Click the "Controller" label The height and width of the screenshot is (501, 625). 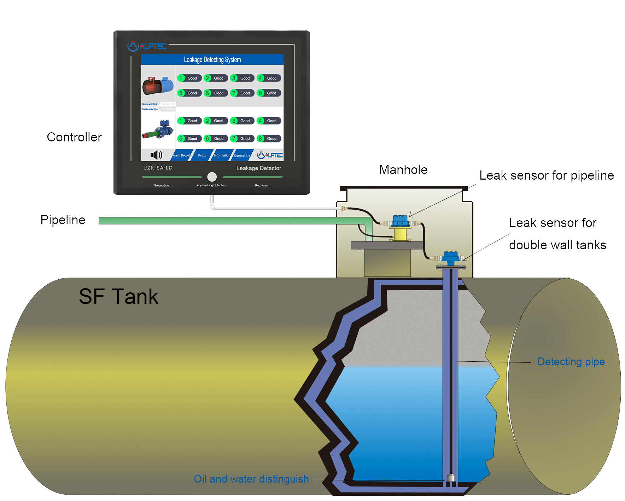pyautogui.click(x=74, y=137)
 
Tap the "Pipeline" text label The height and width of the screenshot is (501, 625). pyautogui.click(x=63, y=220)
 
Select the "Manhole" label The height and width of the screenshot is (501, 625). pyautogui.click(x=403, y=170)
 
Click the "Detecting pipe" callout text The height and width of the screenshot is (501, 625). pyautogui.click(x=571, y=362)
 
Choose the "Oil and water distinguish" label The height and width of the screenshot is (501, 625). pyautogui.click(x=251, y=479)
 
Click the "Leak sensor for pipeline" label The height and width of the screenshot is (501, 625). pyautogui.click(x=547, y=175)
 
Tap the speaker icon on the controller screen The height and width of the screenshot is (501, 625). pyautogui.click(x=156, y=155)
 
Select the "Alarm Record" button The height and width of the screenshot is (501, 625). pyautogui.click(x=181, y=155)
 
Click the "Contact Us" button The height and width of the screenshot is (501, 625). pyautogui.click(x=242, y=155)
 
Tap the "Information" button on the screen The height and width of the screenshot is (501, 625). pyautogui.click(x=222, y=155)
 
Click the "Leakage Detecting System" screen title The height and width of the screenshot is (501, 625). pyautogui.click(x=212, y=60)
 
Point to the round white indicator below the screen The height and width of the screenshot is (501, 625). pyautogui.click(x=212, y=177)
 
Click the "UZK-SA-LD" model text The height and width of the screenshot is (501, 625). pyautogui.click(x=158, y=168)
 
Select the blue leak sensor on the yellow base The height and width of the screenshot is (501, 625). pyautogui.click(x=401, y=222)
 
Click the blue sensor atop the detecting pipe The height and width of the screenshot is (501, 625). pyautogui.click(x=451, y=258)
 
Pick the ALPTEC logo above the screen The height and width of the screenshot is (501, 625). pyautogui.click(x=147, y=46)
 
